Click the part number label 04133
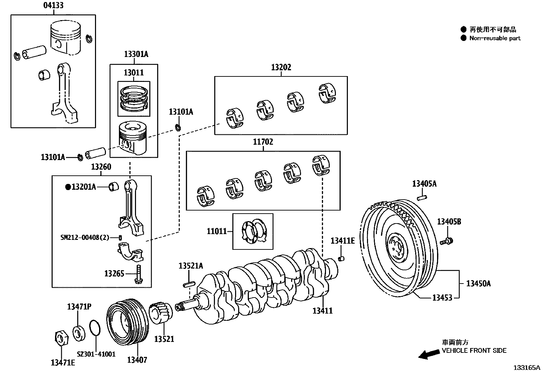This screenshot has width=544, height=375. coord(53,5)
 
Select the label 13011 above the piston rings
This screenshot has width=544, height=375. coord(134,73)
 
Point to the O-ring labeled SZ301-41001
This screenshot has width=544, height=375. coord(95,328)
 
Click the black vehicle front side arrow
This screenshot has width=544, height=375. coord(429,354)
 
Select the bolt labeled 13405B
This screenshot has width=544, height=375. coord(447,242)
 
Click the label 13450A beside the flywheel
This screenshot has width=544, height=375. coord(478,284)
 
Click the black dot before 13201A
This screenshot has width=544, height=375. coord(68,187)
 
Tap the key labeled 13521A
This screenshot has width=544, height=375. coord(189,284)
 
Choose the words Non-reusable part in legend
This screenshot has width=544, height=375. coord(494,38)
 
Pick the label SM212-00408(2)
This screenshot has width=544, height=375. coord(85,237)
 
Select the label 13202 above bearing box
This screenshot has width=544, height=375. coord(281,68)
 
